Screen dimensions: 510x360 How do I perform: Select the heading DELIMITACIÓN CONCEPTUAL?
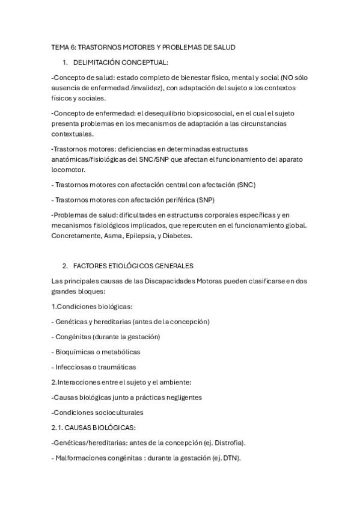[x=120, y=62]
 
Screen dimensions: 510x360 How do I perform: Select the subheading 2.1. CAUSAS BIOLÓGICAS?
[x=94, y=428]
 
